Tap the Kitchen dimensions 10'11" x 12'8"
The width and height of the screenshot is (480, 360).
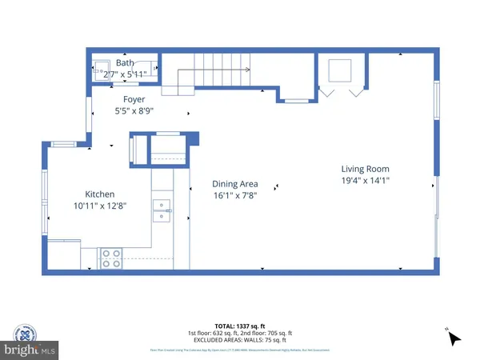coord(100,206)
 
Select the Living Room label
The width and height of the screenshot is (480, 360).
coord(365,169)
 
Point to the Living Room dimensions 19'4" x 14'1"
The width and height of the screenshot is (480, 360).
coord(365,181)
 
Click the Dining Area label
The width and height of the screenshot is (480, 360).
coord(234,183)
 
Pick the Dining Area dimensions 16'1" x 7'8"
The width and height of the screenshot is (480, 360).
coord(234,194)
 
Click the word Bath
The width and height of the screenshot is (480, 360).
coord(125,62)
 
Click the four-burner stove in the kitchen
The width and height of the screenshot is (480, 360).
coord(111,258)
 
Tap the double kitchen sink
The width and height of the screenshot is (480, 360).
coord(162,210)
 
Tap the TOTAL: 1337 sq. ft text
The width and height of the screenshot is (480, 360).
coord(240,326)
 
